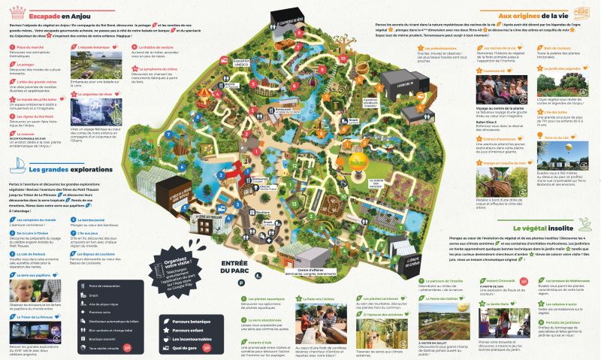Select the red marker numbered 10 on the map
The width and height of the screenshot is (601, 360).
[x=342, y=56]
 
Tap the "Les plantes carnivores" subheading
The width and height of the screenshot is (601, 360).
[x=358, y=298]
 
